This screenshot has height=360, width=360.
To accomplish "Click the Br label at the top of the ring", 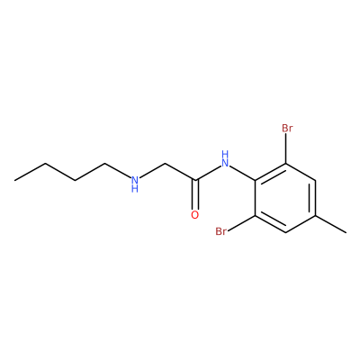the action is pos(287,129).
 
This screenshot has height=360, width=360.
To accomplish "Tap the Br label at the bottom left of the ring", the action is pos(221,231).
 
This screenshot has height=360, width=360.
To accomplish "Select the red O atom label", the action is pos(195,215).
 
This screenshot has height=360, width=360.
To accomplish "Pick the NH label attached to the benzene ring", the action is pos(225,159).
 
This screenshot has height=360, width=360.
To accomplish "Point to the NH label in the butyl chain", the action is pos(135,184).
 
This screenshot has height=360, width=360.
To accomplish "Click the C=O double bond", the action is pos(195,194).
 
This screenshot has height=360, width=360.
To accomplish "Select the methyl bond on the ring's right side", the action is pos(331,223).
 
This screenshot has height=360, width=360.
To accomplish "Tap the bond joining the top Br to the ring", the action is pos(286,148).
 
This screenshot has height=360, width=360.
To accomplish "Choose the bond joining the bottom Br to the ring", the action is pos(241,223).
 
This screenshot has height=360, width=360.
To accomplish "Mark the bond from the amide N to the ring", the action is pos(242,174).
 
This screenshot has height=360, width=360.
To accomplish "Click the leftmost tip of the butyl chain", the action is pos(14,180).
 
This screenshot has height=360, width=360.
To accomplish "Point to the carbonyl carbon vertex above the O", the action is pos(195,180).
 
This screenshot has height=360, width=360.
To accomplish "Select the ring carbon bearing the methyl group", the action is pos(315,215).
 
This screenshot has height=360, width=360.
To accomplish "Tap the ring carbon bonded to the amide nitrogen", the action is pos(256,181).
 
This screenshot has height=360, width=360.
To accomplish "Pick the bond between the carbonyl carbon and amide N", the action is pos(208,173).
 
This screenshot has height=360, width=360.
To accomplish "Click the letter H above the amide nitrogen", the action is pos(225,155).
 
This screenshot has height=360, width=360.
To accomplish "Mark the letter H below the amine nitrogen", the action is pos(135,189).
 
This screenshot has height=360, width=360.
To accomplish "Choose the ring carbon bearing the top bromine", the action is pos(286,164).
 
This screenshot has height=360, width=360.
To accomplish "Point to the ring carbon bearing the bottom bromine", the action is pos(256,215).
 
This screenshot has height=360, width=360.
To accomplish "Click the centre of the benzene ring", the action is pos(285,198).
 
